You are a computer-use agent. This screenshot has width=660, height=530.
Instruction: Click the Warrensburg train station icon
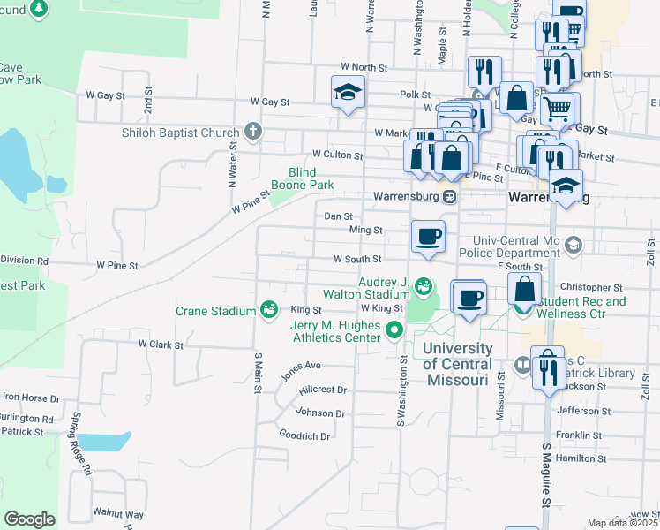coord(450,196)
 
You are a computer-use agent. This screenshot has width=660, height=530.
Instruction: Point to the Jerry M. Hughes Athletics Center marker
coord(394,332)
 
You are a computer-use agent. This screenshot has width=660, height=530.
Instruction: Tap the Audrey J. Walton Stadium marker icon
coord(424,285)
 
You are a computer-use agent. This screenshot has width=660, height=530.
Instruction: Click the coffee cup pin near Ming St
coord(429,237)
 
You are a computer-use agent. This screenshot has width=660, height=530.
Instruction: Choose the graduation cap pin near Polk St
coord(349,91)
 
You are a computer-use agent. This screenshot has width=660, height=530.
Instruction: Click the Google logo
coord(29,519)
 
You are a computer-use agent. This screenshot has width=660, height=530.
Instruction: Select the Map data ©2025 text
coord(623,523)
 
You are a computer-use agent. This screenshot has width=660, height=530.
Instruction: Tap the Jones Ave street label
coord(300,370)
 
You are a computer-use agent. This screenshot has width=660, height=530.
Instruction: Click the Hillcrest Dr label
coord(322,390)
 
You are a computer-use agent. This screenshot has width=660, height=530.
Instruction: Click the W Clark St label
coord(159,344)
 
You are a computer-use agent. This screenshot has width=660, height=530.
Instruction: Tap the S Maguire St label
coord(545,488)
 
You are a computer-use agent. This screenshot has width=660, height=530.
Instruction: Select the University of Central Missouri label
coord(455,364)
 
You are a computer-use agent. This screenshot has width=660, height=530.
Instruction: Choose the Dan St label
coord(338,216)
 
